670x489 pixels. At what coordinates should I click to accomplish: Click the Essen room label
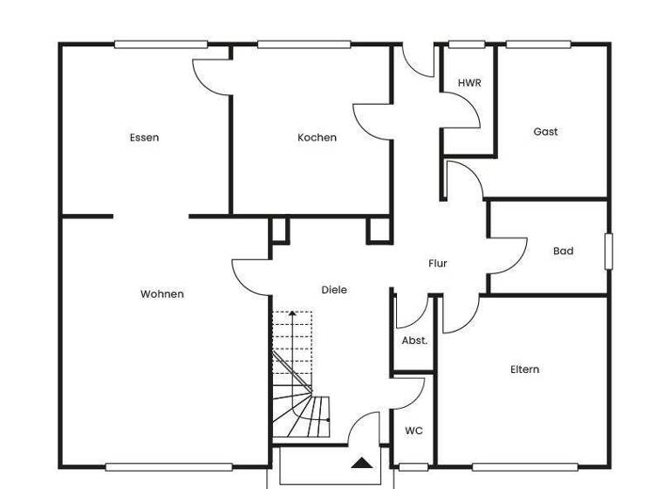click(x=144, y=137)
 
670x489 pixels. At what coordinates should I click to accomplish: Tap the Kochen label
click(x=317, y=137)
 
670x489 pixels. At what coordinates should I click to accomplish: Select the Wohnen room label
click(x=162, y=294)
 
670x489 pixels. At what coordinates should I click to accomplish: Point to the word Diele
click(x=334, y=290)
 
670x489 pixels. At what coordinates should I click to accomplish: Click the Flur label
click(x=438, y=263)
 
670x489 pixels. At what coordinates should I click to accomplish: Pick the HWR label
click(x=469, y=83)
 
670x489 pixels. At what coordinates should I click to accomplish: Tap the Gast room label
click(x=545, y=132)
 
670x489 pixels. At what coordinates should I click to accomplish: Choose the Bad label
click(x=564, y=251)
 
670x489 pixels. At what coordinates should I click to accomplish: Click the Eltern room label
click(x=524, y=369)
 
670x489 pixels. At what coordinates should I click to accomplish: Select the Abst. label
click(x=414, y=341)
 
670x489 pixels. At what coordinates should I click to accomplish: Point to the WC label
click(x=414, y=430)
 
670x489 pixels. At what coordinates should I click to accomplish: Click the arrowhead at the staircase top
click(x=293, y=312)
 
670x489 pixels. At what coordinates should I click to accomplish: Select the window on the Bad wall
click(x=609, y=251)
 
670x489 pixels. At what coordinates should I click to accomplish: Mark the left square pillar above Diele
click(x=279, y=230)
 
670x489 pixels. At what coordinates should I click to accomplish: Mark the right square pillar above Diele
click(x=378, y=230)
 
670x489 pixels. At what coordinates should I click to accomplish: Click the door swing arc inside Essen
click(x=209, y=79)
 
